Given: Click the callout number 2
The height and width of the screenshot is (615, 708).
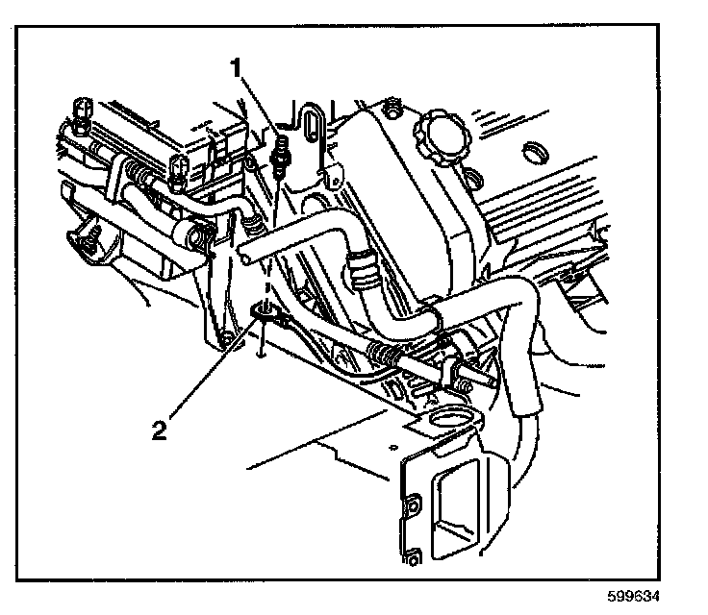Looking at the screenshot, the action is pyautogui.click(x=159, y=425).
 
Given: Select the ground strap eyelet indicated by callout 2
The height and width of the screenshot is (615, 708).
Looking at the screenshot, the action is pyautogui.click(x=263, y=312).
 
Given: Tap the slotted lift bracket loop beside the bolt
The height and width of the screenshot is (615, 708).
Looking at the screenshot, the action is pyautogui.click(x=308, y=132).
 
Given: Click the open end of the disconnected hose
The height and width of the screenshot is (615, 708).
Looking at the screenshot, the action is pyautogui.click(x=247, y=255).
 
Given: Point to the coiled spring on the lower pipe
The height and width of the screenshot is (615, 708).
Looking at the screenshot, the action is pyautogui.click(x=382, y=354).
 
